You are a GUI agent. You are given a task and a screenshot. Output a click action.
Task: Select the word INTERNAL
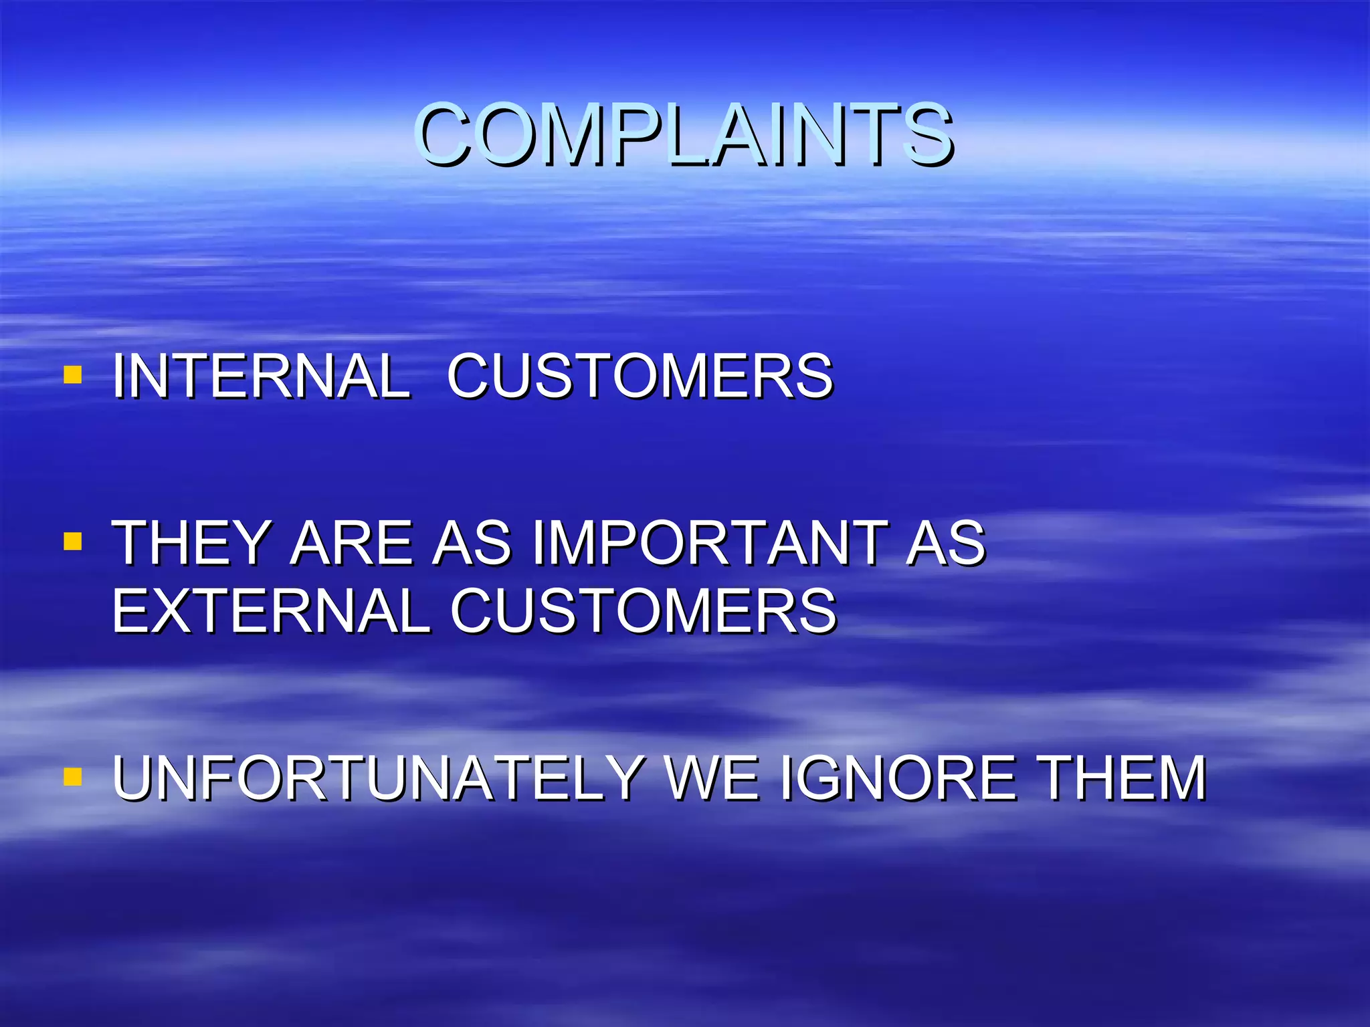[261, 376]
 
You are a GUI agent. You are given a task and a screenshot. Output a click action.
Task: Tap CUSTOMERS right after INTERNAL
[640, 376]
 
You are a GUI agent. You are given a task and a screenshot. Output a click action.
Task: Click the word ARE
[352, 543]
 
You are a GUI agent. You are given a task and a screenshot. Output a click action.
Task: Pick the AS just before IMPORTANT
[472, 543]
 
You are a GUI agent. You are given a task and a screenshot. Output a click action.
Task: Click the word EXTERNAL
[271, 610]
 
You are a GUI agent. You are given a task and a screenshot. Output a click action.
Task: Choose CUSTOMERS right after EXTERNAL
[644, 610]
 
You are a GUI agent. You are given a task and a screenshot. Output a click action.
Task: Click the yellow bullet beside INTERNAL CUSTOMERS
[72, 374]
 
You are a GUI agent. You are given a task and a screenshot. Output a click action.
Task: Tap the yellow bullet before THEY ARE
[72, 541]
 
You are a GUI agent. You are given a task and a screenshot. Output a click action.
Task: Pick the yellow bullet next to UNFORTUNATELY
[72, 776]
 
